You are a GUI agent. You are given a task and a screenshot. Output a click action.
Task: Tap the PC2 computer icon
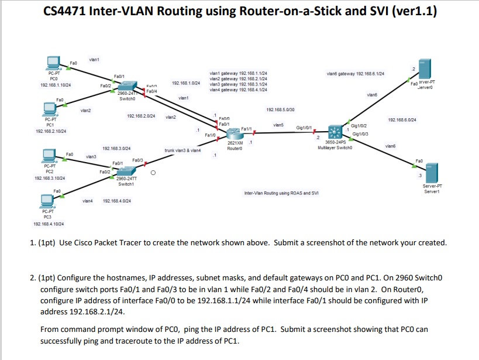[x=50, y=155]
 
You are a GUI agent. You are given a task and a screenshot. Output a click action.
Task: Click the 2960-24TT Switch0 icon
[x=127, y=87]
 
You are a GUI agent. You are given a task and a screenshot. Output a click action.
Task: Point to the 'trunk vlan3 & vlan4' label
[x=182, y=150]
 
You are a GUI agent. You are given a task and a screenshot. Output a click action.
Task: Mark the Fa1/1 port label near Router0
[x=246, y=128]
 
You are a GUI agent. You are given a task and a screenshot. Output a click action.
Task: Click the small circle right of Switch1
[x=153, y=173]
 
